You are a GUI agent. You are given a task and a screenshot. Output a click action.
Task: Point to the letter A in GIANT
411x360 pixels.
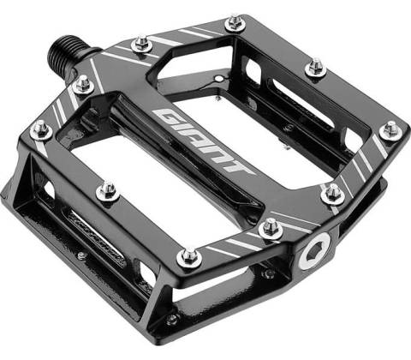pos(199,140)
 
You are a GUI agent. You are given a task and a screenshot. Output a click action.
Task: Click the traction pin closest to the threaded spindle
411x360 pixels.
pos(83,84)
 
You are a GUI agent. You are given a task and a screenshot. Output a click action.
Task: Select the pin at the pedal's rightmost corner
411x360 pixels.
pos(390,131)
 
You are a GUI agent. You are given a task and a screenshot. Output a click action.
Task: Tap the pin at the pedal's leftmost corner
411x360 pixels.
pos(41,130)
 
